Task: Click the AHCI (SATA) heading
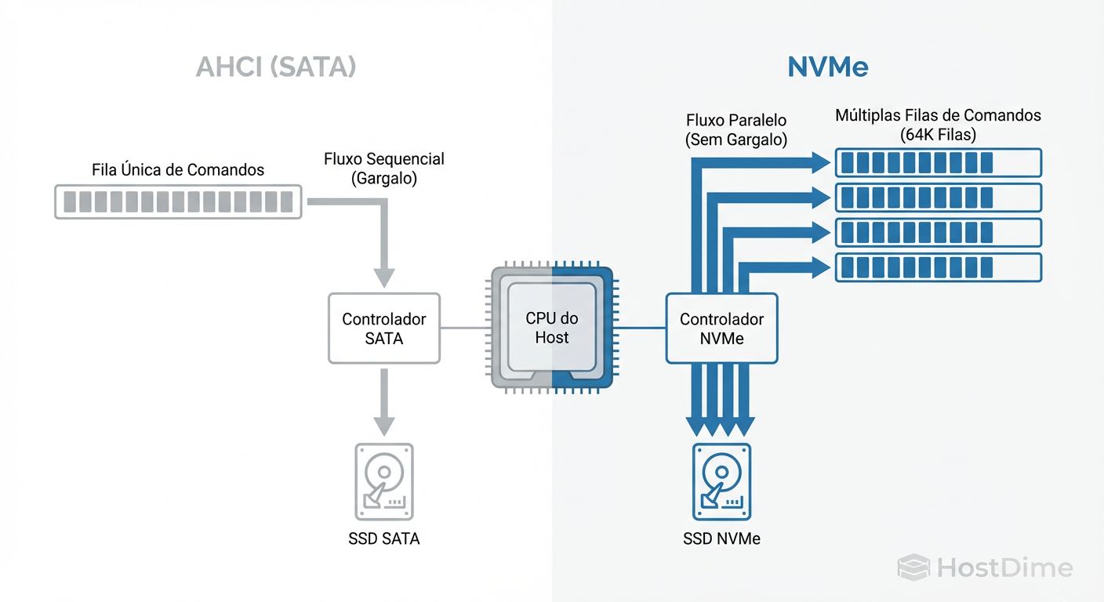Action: point(275,67)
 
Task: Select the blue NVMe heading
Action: point(827,67)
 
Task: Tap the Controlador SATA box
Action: point(384,328)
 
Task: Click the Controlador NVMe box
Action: point(721,328)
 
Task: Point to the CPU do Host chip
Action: point(552,328)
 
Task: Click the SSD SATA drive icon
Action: point(383,481)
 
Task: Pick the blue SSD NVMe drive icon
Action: point(721,481)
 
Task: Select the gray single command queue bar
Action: point(178,201)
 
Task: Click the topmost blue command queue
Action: point(938,162)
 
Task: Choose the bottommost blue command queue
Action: point(938,267)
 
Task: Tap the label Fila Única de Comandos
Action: point(178,169)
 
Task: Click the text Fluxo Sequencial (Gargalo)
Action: point(383,169)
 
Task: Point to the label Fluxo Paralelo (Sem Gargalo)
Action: point(735,130)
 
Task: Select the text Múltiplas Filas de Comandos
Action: point(938,115)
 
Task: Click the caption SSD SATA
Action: point(383,539)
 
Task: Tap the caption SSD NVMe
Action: point(721,539)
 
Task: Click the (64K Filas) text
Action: point(938,135)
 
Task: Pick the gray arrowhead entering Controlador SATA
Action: point(383,277)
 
